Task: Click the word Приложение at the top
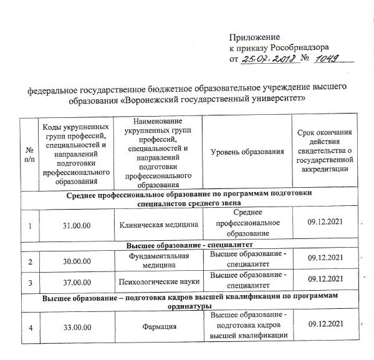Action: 255,37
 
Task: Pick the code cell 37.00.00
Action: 77,281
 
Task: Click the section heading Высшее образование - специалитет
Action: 191,243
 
